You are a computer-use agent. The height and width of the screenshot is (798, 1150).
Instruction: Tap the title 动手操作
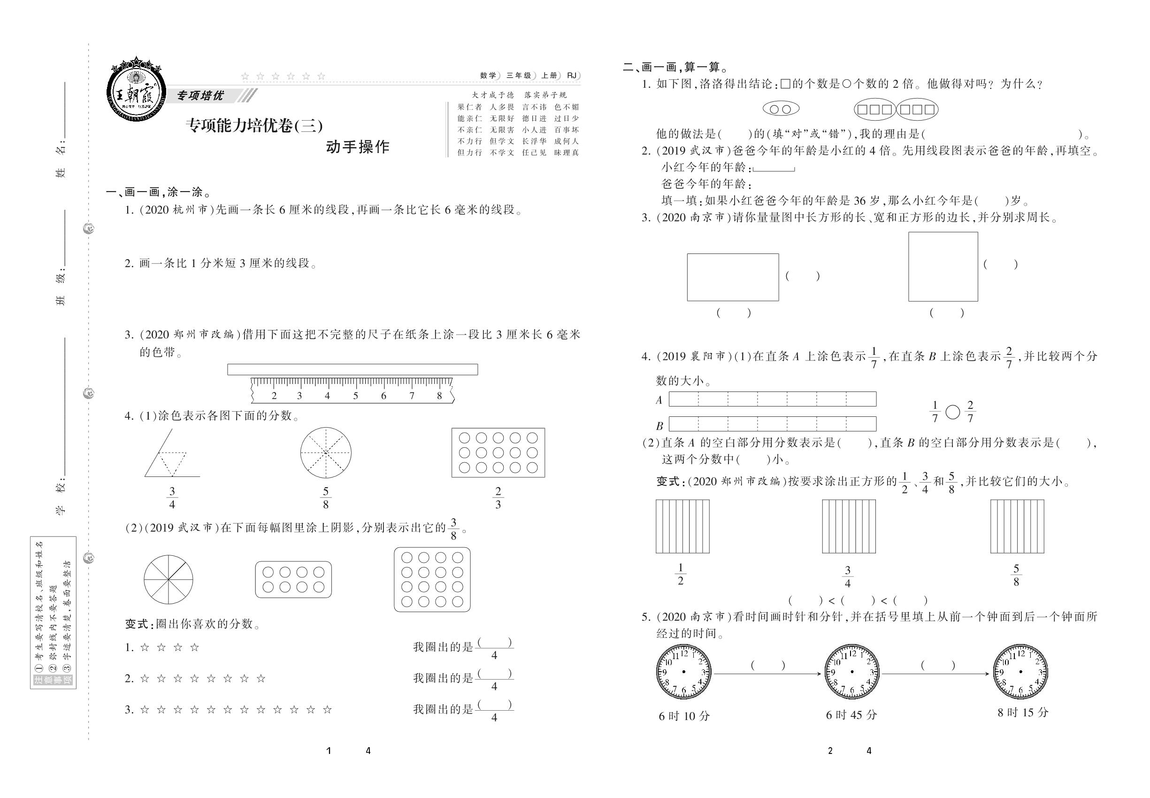(358, 147)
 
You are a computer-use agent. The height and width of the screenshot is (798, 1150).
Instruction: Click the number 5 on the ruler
(355, 396)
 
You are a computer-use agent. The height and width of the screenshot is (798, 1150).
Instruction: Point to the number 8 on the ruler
(439, 396)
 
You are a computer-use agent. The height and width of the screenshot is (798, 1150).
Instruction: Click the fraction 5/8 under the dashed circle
(325, 498)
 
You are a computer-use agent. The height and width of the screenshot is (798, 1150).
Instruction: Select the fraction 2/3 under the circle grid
(498, 498)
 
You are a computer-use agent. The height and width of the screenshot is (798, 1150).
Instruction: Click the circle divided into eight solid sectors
(169, 580)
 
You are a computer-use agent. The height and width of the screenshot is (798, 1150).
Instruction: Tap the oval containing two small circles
(781, 109)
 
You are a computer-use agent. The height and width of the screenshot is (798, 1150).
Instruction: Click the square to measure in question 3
(943, 267)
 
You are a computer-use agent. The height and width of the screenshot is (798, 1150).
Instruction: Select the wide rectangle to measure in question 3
(733, 277)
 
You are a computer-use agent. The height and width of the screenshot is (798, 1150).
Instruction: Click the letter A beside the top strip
(659, 400)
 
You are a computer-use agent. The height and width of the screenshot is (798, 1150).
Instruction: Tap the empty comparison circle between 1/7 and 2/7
(953, 412)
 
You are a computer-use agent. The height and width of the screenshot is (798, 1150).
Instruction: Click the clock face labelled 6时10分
(683, 672)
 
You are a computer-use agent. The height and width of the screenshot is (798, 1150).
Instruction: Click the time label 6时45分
(851, 715)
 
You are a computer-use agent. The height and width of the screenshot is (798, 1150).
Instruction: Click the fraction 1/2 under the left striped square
(680, 574)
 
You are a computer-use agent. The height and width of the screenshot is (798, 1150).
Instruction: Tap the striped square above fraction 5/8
(1017, 527)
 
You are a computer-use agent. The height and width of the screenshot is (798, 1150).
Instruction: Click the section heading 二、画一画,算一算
(675, 67)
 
